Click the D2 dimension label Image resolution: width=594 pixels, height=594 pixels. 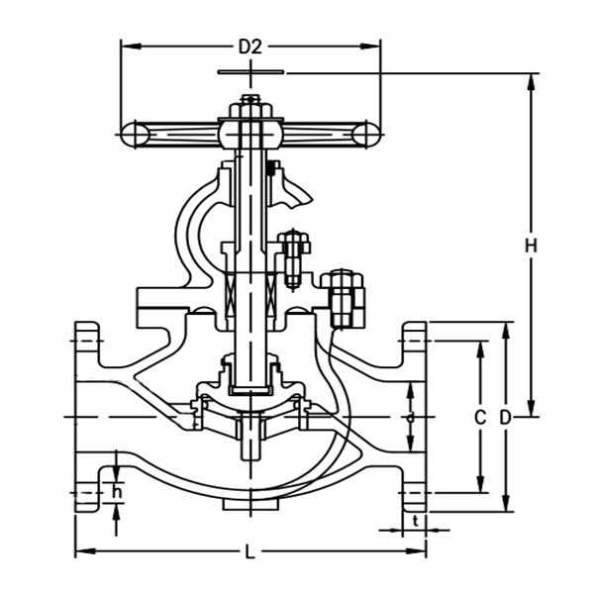click(x=249, y=46)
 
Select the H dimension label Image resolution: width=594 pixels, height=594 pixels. click(x=531, y=245)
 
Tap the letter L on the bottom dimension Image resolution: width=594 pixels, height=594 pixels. click(x=249, y=552)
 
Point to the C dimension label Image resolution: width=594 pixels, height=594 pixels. click(x=480, y=418)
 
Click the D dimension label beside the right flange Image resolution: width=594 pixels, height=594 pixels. click(x=505, y=418)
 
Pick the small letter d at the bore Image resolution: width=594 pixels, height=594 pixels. click(x=411, y=418)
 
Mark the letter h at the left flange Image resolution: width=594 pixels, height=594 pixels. click(x=118, y=492)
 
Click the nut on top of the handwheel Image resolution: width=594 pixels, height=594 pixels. click(x=250, y=102)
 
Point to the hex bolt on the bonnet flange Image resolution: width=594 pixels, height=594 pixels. click(x=343, y=297)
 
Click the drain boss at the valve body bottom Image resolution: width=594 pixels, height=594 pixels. click(x=249, y=505)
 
